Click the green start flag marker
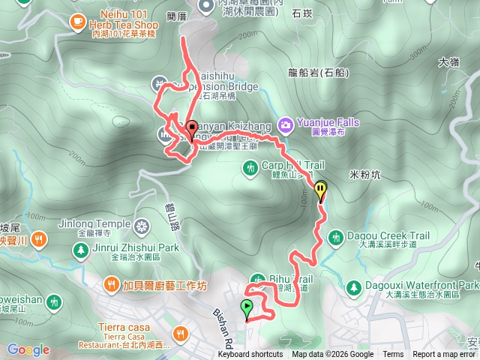click(247, 307)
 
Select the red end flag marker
click(191, 129)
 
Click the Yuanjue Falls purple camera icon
click(286, 123)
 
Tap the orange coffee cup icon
click(77, 23)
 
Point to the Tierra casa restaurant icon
click(179, 333)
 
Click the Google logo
click(28, 349)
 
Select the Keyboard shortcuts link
click(250, 355)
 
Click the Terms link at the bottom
click(393, 355)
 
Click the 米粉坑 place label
click(367, 174)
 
